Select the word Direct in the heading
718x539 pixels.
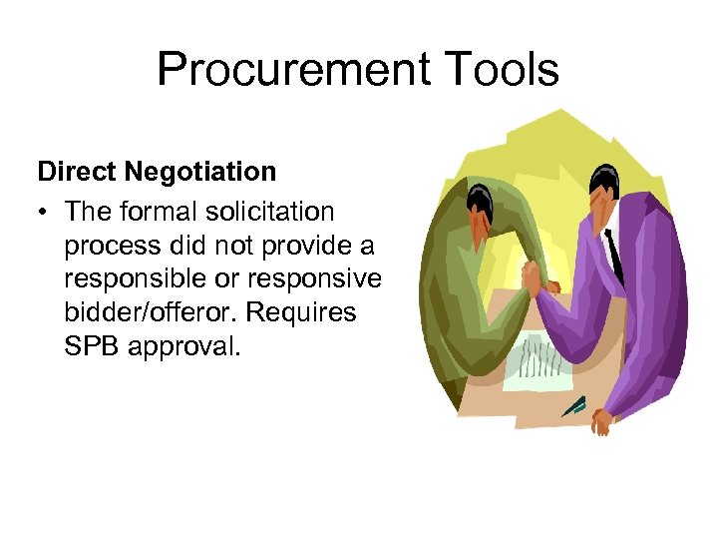(x=77, y=172)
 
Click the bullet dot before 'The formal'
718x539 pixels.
(x=43, y=213)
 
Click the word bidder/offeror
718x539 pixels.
(x=149, y=312)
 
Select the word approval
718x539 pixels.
(x=185, y=347)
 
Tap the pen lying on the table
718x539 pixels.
(x=573, y=405)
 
